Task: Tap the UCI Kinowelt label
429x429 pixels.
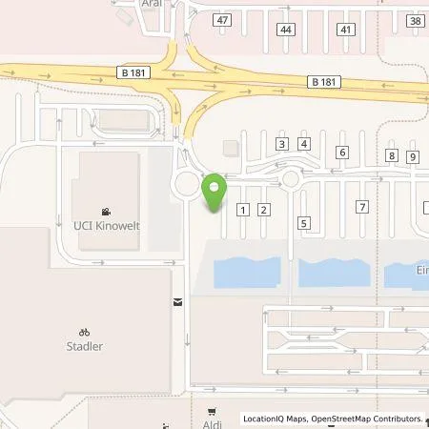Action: pos(106,225)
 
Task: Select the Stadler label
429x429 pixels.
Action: pos(84,347)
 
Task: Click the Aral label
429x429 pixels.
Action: pos(151,3)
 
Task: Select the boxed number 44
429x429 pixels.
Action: pos(285,31)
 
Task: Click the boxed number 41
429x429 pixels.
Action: pos(346,31)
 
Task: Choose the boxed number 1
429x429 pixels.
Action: pos(243,210)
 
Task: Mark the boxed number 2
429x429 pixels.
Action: pos(264,210)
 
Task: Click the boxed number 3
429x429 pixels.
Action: pos(281,144)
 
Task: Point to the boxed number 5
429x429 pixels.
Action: pos(303,223)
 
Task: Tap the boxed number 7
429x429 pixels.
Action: pos(361,207)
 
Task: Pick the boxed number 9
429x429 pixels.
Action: pos(412,156)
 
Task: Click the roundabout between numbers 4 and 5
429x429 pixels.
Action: pos(291,177)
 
